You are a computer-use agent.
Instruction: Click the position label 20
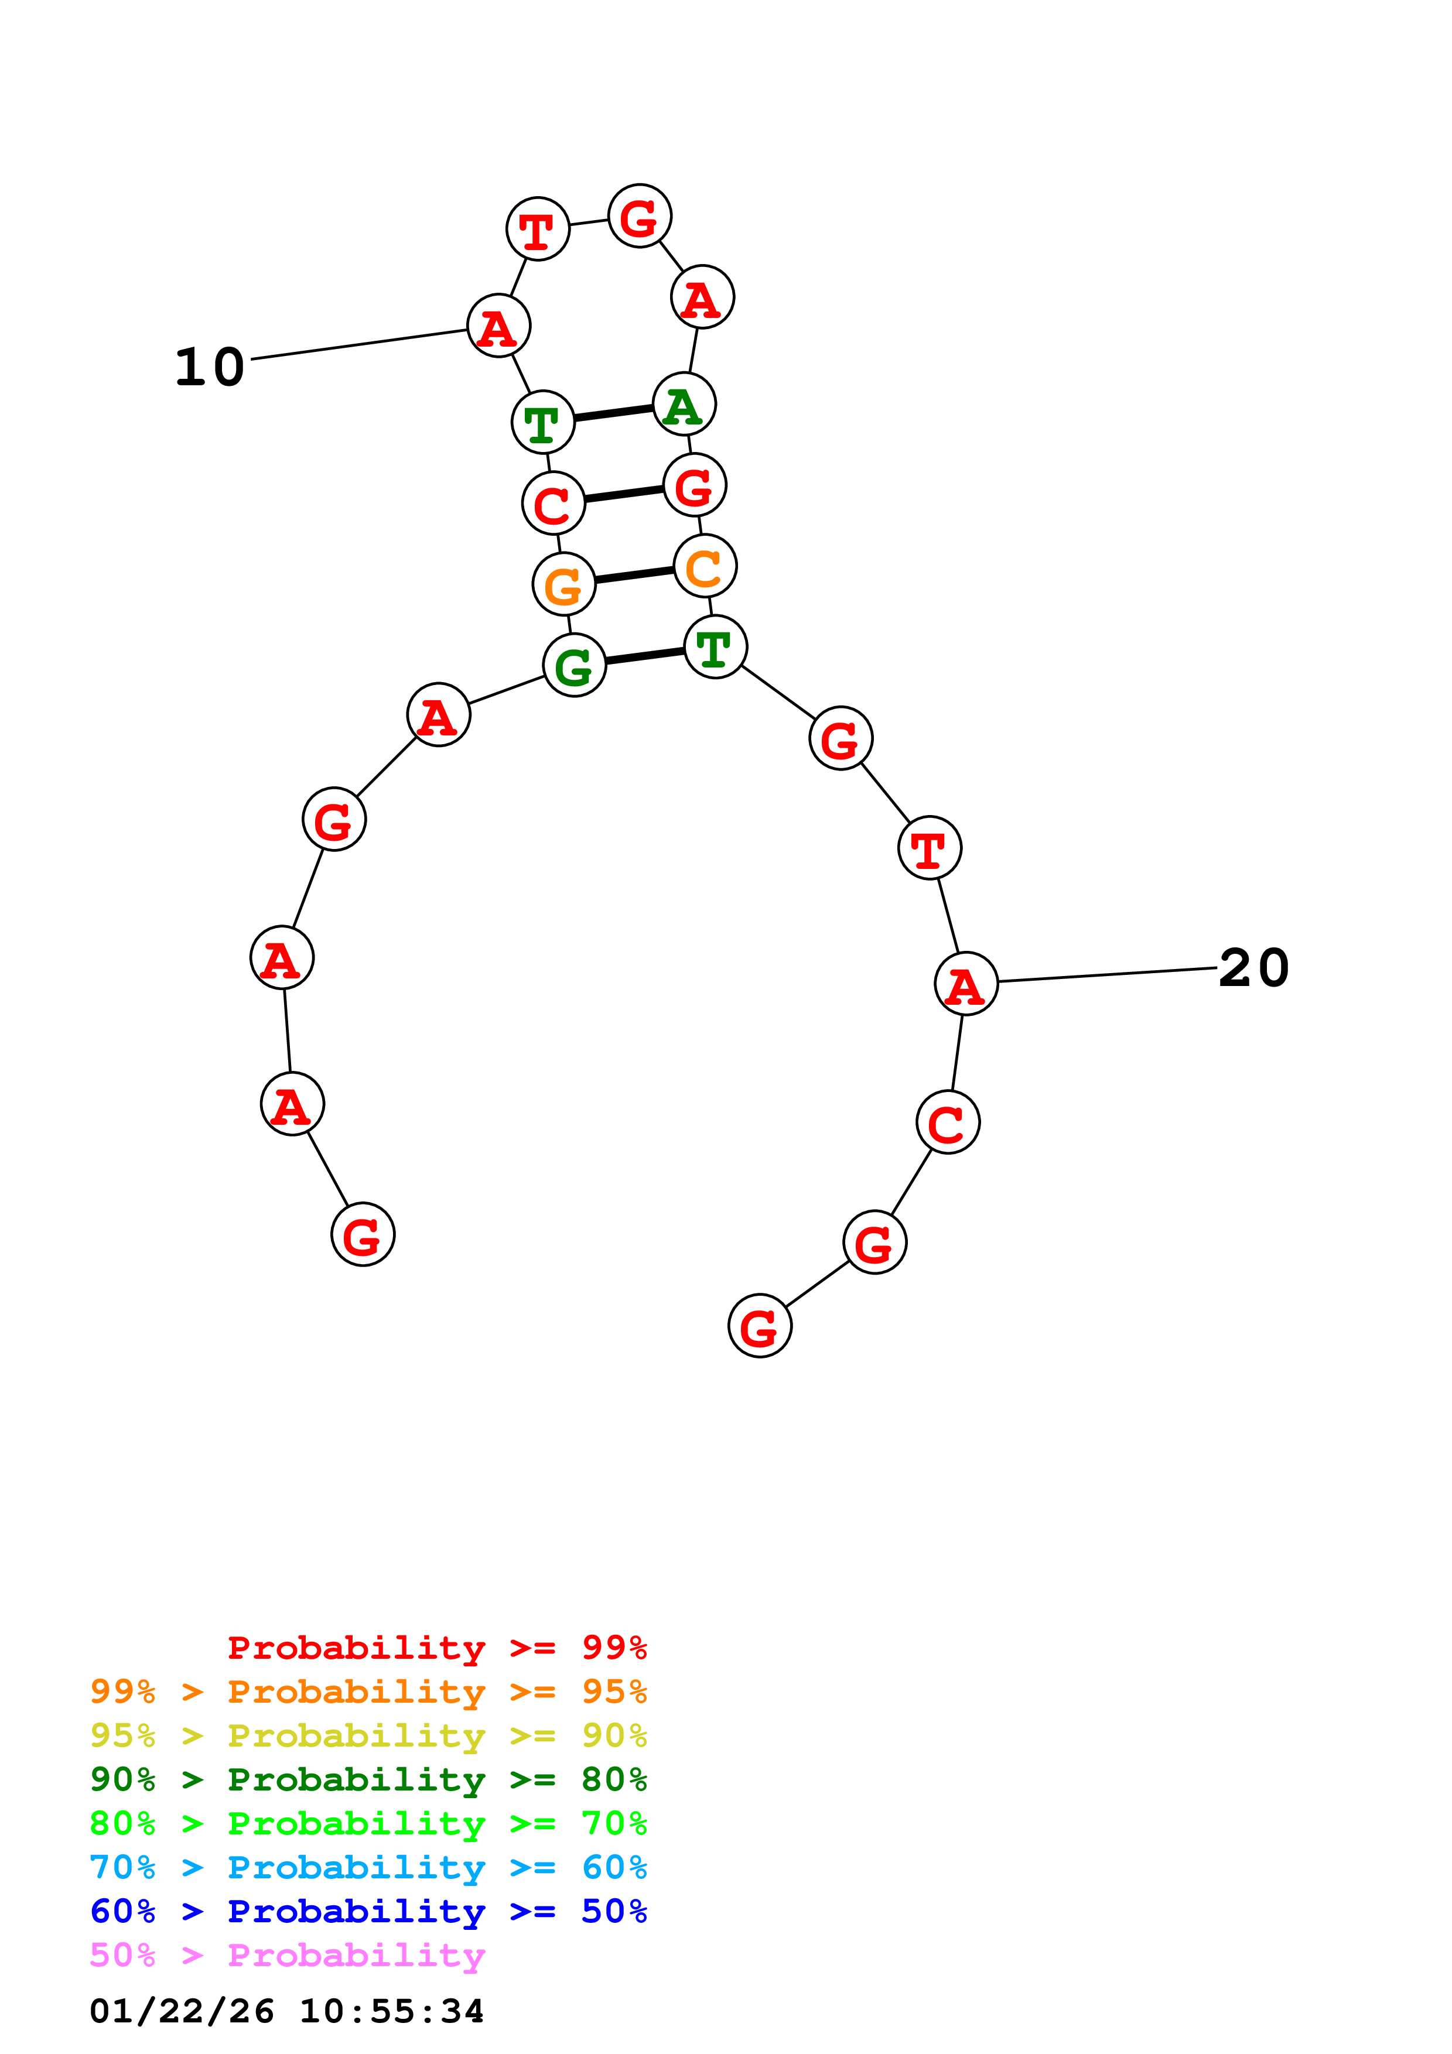[1253, 968]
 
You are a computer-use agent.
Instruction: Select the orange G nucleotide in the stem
[563, 585]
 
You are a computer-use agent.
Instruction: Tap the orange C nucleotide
[705, 566]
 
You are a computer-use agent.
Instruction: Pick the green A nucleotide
[684, 405]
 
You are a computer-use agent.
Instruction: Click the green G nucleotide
[575, 666]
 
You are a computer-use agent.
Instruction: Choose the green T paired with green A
[543, 422]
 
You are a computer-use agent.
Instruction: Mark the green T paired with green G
[715, 648]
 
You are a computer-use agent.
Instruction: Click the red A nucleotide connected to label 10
[499, 326]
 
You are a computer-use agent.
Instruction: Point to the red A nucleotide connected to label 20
[966, 984]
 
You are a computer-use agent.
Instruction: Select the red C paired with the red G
[554, 504]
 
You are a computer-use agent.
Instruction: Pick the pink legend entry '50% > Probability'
[287, 1956]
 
